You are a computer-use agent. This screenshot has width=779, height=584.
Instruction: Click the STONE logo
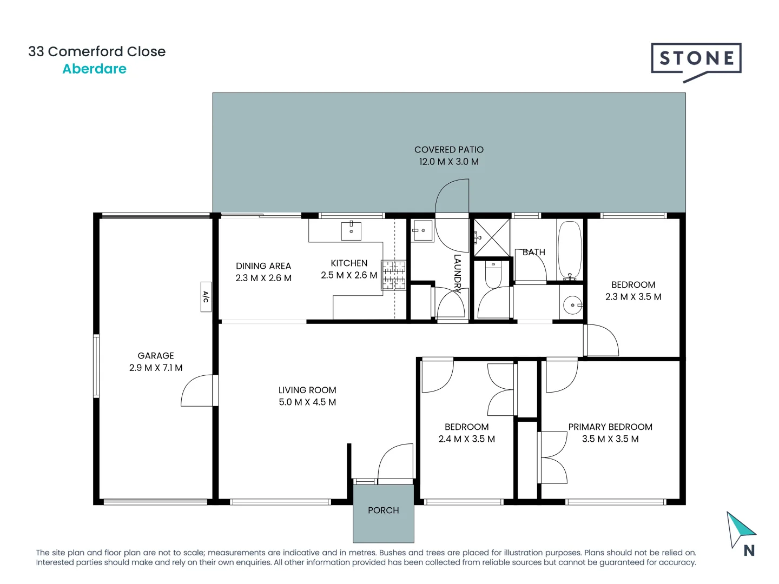(x=696, y=59)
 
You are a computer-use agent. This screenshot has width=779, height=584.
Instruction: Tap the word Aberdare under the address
(x=94, y=69)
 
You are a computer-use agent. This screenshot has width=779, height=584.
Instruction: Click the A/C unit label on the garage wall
(x=206, y=297)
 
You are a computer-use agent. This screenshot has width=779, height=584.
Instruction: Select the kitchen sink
(x=351, y=231)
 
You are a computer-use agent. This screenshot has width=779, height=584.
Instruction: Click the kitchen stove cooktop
(x=394, y=275)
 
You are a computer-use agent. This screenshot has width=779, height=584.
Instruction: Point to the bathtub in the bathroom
(x=569, y=249)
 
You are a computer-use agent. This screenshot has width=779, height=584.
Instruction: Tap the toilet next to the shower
(x=493, y=274)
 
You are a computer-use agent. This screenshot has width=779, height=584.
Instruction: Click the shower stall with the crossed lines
(x=492, y=237)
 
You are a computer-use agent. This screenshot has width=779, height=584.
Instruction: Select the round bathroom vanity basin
(x=572, y=305)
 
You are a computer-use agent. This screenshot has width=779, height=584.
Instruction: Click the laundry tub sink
(x=422, y=231)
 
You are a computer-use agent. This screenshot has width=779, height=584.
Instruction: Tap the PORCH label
(x=383, y=510)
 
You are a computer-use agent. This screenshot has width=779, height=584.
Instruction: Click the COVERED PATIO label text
(x=449, y=150)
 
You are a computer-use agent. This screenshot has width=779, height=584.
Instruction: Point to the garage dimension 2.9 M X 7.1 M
(x=156, y=368)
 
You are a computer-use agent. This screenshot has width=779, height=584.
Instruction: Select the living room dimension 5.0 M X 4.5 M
(x=307, y=402)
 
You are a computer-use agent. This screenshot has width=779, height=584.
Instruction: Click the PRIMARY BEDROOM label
(x=610, y=427)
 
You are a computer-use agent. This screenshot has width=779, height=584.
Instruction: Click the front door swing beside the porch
(x=395, y=463)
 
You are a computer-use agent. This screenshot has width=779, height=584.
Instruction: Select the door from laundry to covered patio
(x=452, y=197)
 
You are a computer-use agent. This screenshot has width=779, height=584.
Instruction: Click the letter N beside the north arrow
(x=749, y=550)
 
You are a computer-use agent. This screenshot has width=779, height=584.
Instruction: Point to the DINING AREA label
(x=263, y=266)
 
